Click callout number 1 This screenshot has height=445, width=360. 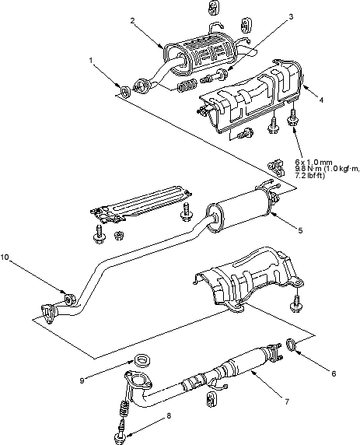91,61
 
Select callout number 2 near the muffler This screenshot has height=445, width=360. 132,20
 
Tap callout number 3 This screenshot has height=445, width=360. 291,17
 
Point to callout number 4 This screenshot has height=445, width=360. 321,100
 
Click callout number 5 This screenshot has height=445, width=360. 300,230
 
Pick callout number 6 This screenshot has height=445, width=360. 334,373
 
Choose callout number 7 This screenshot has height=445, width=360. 287,401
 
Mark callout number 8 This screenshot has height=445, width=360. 169,416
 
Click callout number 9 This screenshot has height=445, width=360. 82,380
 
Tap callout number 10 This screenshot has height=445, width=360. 5,258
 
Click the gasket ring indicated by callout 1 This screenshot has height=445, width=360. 125,91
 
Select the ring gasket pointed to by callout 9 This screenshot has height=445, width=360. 142,360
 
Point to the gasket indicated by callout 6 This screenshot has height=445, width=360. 291,345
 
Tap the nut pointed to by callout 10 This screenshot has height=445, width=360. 70,300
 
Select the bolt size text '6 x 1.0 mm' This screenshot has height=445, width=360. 313,163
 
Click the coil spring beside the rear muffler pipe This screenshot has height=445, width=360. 187,85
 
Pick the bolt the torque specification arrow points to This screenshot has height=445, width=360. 293,117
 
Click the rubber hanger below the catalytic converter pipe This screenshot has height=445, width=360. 210,401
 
